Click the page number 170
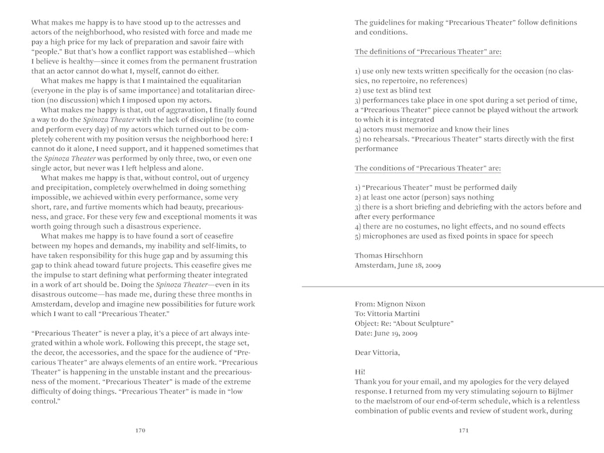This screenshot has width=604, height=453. pyautogui.click(x=140, y=431)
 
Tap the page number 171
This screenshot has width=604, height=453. pyautogui.click(x=464, y=431)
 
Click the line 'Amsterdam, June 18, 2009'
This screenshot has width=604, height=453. pyautogui.click(x=397, y=265)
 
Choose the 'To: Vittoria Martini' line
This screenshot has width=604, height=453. pyautogui.click(x=390, y=314)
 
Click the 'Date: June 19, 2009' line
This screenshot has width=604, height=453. pyautogui.click(x=386, y=333)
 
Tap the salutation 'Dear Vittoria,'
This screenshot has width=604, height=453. pyautogui.click(x=377, y=353)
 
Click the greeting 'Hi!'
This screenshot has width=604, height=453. pyautogui.click(x=360, y=372)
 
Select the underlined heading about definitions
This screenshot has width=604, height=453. pyautogui.click(x=428, y=52)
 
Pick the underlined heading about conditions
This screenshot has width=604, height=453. pyautogui.click(x=428, y=168)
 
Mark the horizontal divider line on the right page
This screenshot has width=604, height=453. pyautogui.click(x=452, y=285)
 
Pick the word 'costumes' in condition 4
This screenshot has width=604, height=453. pyautogui.click(x=421, y=226)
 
